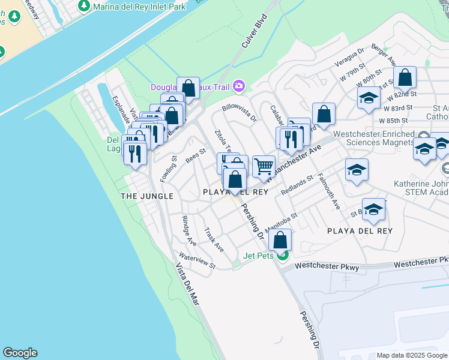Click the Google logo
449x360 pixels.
tap(20, 353)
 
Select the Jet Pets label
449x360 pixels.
tap(259, 256)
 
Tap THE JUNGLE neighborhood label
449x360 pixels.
tap(147, 196)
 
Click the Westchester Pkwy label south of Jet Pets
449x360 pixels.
tap(327, 265)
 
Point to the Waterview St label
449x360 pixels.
tap(197, 262)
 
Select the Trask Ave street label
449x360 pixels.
tap(214, 239)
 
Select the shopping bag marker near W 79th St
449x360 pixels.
tap(406, 77)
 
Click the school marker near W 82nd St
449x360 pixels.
tap(368, 98)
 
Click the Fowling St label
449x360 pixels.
tap(167, 169)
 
